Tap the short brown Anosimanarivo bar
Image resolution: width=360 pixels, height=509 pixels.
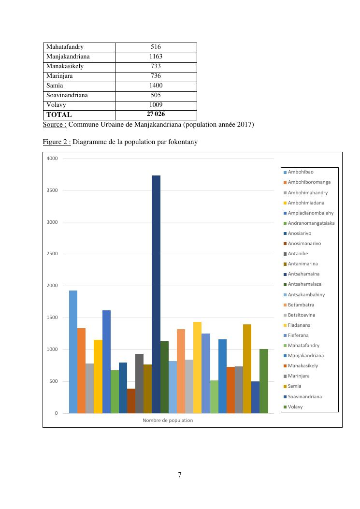(x=131, y=401)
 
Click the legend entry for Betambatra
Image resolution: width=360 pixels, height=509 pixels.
(x=301, y=305)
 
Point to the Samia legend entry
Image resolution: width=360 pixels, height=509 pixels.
(x=295, y=386)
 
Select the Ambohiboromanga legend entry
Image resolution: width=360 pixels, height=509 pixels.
(x=309, y=182)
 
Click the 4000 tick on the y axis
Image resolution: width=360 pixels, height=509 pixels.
(x=52, y=159)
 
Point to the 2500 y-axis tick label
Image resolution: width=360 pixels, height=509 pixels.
(x=52, y=254)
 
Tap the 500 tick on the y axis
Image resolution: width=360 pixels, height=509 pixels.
(x=53, y=381)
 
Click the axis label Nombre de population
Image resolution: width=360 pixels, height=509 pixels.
(x=168, y=421)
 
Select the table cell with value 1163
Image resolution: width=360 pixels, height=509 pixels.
(x=156, y=57)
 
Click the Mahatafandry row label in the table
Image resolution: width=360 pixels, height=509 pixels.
(x=65, y=47)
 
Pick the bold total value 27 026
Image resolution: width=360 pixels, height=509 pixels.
(x=156, y=114)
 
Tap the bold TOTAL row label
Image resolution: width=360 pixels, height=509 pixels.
(x=59, y=115)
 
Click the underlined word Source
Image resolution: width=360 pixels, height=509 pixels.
(x=54, y=125)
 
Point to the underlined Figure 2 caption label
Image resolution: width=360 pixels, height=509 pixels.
(x=57, y=142)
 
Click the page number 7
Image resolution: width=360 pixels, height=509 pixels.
(x=180, y=475)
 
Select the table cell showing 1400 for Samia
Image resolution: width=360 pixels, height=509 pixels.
(x=156, y=86)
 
